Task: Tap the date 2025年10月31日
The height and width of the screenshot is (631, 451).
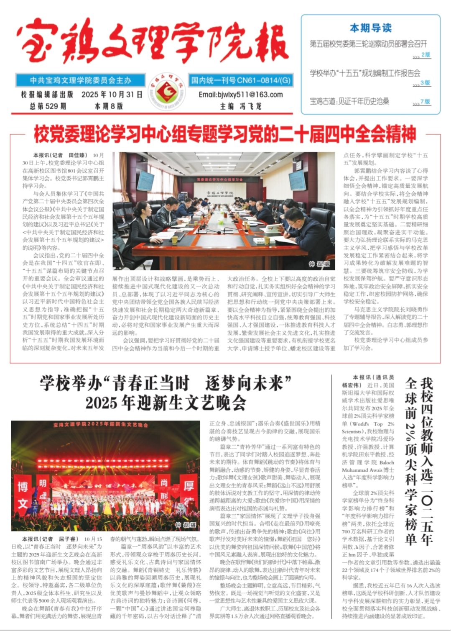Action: [112, 95]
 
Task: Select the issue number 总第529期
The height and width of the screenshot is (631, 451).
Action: [48, 106]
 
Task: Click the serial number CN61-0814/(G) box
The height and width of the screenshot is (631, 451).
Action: [241, 80]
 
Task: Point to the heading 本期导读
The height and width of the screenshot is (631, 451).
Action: [371, 28]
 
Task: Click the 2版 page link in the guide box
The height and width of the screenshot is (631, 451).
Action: [425, 55]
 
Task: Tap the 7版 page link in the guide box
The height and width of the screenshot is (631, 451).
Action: [425, 102]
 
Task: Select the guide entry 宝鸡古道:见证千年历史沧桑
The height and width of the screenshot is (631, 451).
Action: [349, 101]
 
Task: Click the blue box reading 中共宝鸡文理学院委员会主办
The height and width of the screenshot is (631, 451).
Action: [80, 80]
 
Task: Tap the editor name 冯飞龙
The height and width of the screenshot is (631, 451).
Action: [250, 106]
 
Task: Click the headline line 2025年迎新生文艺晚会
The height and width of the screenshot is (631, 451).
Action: [166, 403]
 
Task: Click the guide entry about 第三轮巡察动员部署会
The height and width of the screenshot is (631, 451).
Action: [368, 44]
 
